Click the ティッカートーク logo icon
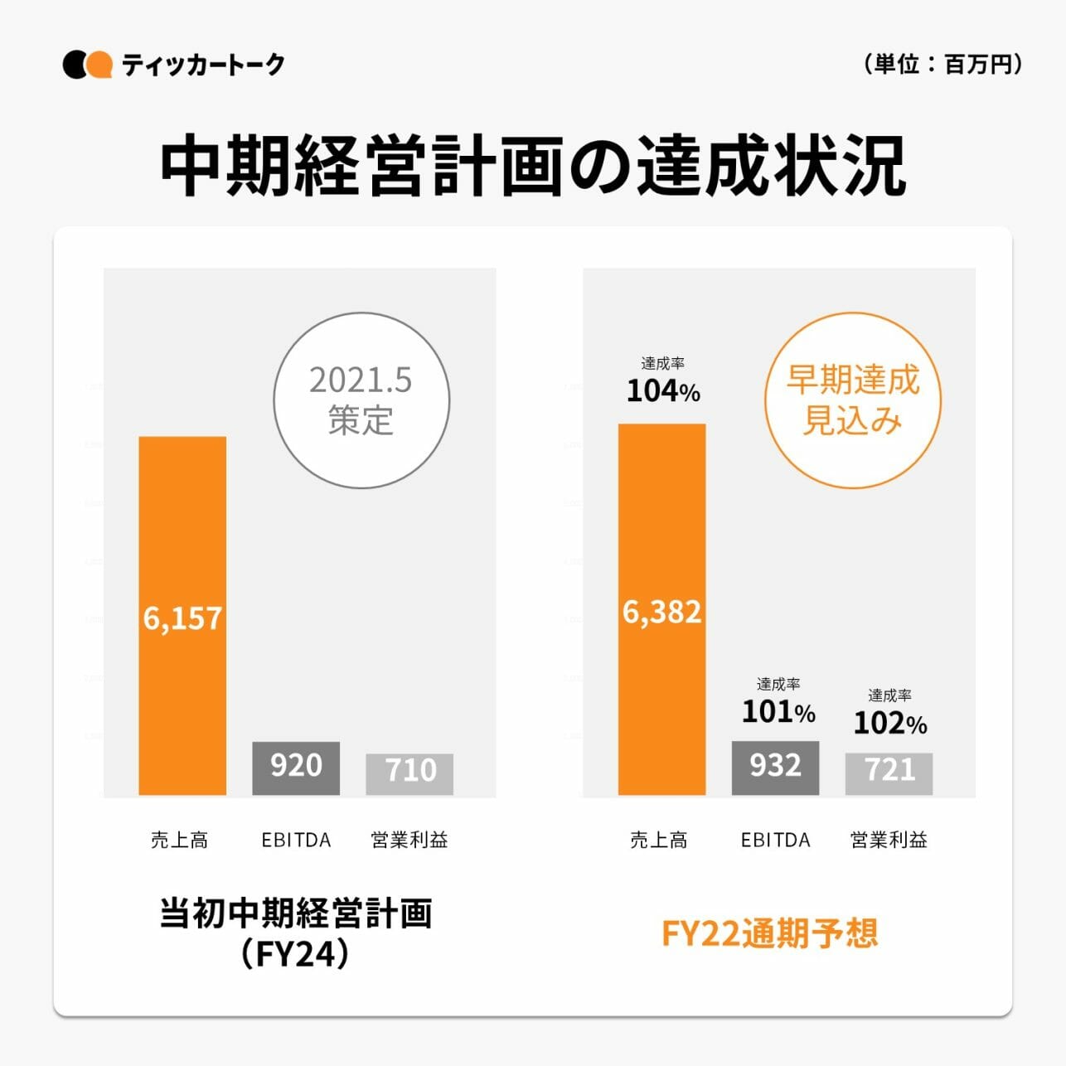pyautogui.click(x=87, y=65)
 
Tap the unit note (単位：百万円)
pyautogui.click(x=942, y=64)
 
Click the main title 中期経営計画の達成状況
pyautogui.click(x=532, y=166)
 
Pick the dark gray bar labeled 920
pyautogui.click(x=296, y=768)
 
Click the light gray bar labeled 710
pyautogui.click(x=409, y=773)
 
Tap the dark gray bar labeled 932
pyautogui.click(x=775, y=768)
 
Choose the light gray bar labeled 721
pyautogui.click(x=889, y=773)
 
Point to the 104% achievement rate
pyautogui.click(x=662, y=390)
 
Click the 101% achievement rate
pyautogui.click(x=778, y=711)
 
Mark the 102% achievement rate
pyautogui.click(x=889, y=723)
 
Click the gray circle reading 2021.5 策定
pyautogui.click(x=361, y=400)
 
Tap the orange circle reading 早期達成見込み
pyautogui.click(x=852, y=400)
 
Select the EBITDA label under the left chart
pyautogui.click(x=296, y=840)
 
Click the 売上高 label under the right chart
pyautogui.click(x=659, y=840)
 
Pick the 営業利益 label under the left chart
pyautogui.click(x=409, y=840)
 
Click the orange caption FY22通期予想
pyautogui.click(x=769, y=933)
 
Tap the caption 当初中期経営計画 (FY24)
pyautogui.click(x=296, y=933)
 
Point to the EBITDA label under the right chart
pyautogui.click(x=775, y=840)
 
